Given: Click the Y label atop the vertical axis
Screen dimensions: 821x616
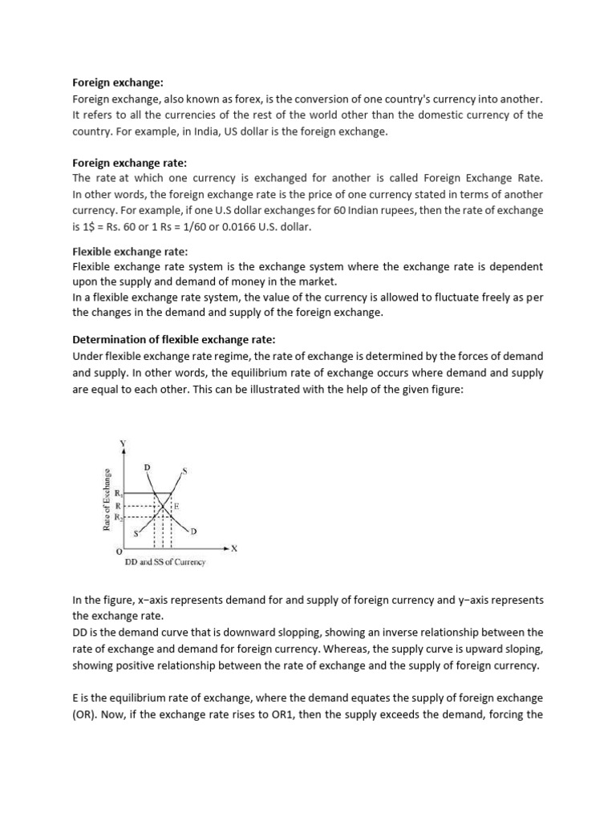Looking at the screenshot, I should tap(123, 443).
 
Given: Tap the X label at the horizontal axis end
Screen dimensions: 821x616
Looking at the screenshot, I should tap(234, 548).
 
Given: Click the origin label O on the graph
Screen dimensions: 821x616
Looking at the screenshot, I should tap(119, 552).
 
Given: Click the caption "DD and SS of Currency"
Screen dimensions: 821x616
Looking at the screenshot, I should tap(165, 562).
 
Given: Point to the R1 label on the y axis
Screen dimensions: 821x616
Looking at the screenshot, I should tap(119, 493).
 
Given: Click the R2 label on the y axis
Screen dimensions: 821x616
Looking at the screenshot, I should tap(119, 518).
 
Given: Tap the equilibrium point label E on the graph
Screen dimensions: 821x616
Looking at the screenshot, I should tap(176, 507).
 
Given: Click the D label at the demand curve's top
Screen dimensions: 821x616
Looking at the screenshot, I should tap(146, 466).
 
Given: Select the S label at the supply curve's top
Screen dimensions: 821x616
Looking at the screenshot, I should tap(184, 471).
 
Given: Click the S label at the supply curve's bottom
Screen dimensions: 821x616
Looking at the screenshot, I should tap(135, 532).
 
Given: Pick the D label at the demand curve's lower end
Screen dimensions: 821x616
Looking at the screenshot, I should tap(193, 531).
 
